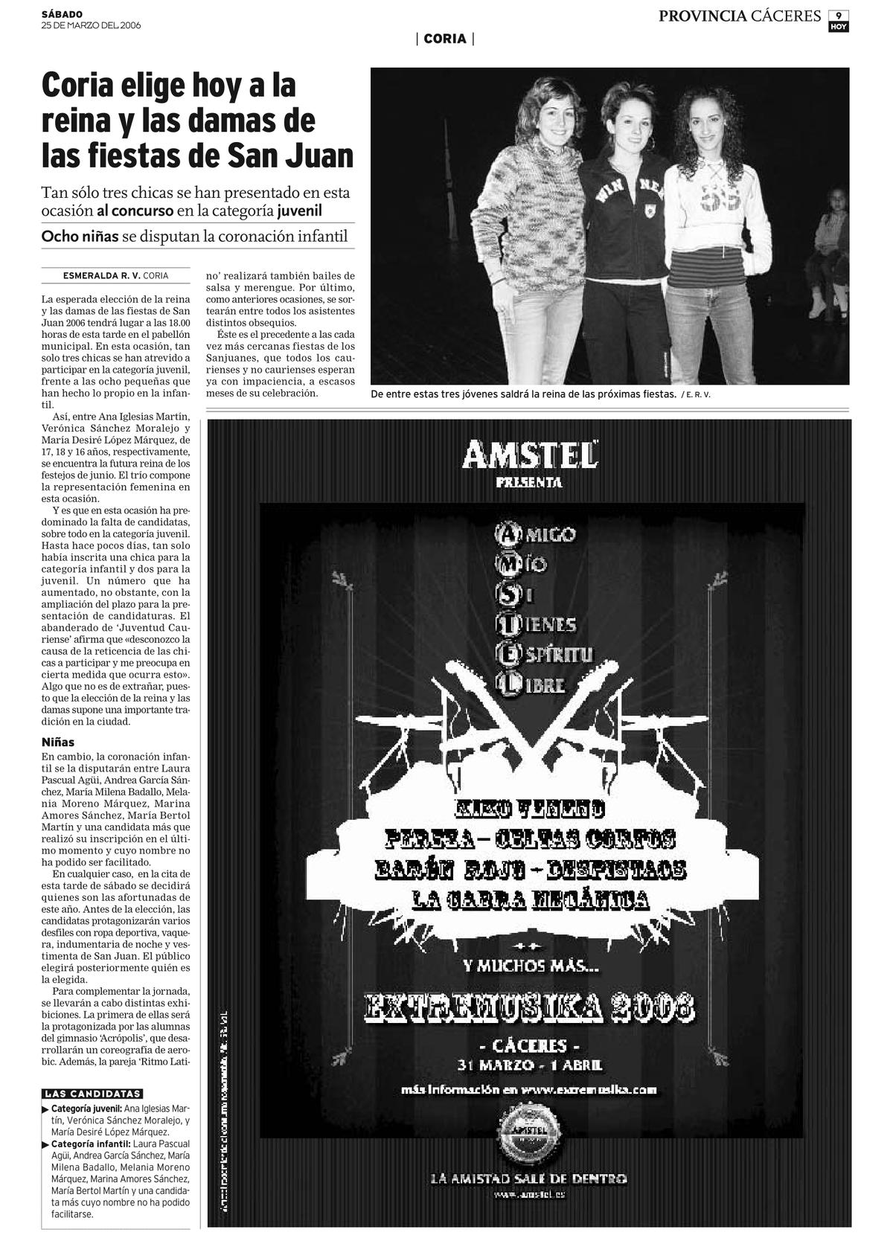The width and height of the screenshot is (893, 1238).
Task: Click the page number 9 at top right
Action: tap(839, 15)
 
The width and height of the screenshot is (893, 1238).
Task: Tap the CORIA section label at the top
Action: tap(445, 39)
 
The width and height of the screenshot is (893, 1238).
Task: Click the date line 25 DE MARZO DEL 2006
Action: tap(91, 25)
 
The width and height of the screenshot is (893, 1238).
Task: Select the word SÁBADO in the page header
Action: tap(63, 14)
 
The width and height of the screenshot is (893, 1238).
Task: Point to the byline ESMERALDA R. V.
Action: tap(102, 275)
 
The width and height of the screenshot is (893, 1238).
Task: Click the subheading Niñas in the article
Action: tap(58, 742)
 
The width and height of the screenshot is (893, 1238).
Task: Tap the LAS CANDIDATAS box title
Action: tap(93, 1094)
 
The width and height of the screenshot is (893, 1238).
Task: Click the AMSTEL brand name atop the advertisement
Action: tap(529, 455)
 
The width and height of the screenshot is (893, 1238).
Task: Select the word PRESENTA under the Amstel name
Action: tap(529, 483)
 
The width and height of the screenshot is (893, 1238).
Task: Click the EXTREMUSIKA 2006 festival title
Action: tap(530, 1008)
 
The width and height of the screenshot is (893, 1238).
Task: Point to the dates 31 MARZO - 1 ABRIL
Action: tap(530, 1065)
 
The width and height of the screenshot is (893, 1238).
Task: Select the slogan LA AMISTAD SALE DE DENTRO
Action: tap(528, 1178)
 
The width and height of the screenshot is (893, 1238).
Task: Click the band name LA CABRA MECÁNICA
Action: tap(531, 900)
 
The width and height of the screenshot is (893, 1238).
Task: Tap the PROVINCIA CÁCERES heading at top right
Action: tap(739, 16)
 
